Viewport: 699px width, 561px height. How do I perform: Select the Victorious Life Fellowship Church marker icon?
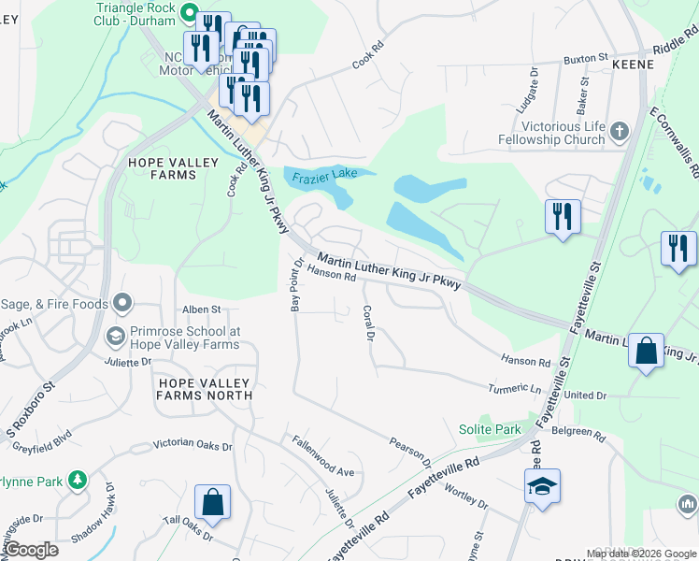coord(619,132)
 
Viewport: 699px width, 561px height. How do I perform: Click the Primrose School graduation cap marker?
coord(115,336)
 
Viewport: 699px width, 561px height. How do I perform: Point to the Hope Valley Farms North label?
coord(204,389)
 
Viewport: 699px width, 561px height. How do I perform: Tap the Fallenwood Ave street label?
coord(322,457)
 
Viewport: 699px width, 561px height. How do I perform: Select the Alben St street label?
coord(201,309)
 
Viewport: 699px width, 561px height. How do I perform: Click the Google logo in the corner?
coord(32,550)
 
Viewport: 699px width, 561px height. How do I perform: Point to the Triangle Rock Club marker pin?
coord(187,13)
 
